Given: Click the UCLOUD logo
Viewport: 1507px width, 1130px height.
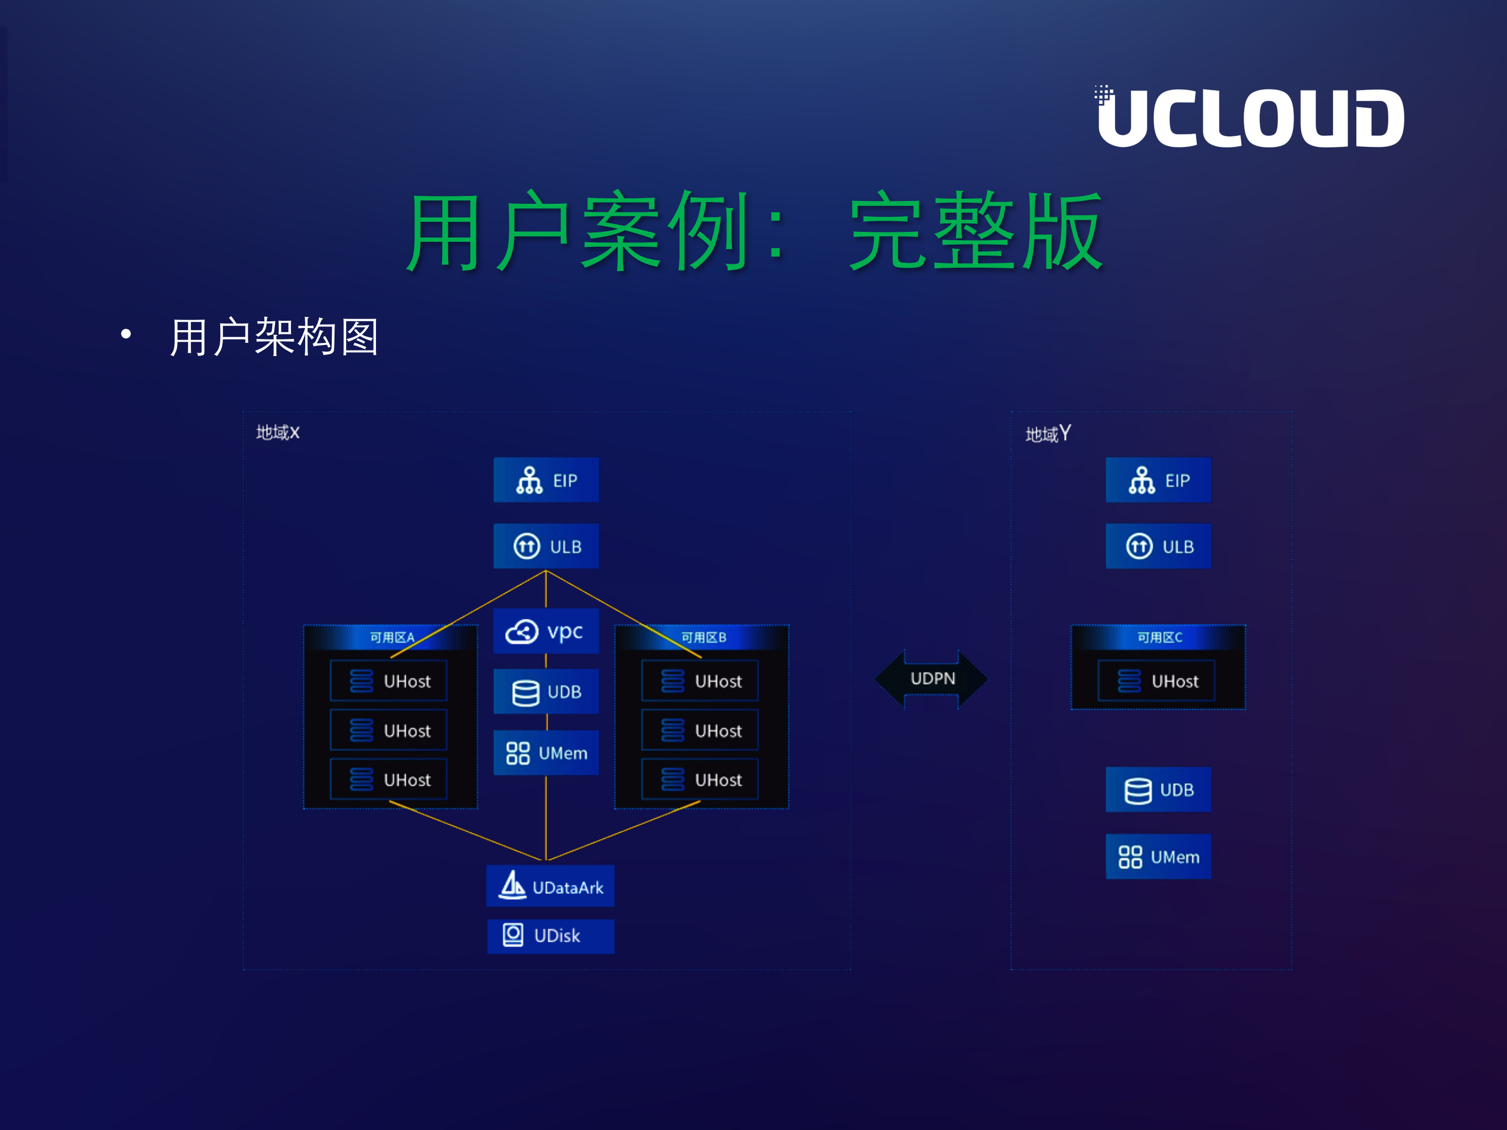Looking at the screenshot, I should (x=1250, y=117).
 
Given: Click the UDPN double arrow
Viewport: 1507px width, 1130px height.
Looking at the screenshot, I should (x=931, y=678).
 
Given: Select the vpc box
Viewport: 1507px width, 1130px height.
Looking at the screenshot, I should (x=546, y=632).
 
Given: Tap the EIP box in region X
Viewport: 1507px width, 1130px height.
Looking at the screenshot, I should (x=546, y=480).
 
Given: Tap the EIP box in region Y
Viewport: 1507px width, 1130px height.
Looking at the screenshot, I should (x=1158, y=480).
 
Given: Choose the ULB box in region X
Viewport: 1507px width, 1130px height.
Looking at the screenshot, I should (x=546, y=547).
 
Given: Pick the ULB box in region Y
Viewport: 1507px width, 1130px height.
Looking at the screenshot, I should (x=1158, y=547).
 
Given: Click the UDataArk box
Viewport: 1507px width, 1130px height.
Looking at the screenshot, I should (x=550, y=886).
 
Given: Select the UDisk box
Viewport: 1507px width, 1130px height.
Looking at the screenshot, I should (x=550, y=936).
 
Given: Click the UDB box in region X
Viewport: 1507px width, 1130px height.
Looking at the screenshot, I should (x=546, y=691).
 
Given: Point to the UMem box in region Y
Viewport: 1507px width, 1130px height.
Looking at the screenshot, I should (x=1158, y=856).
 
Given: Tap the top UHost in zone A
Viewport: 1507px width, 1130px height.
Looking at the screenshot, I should (x=388, y=681).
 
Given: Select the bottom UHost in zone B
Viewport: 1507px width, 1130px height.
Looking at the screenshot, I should (x=700, y=779).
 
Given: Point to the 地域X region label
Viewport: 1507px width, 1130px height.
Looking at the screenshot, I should (x=277, y=433).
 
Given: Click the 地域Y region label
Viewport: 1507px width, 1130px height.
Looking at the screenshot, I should (x=1048, y=434).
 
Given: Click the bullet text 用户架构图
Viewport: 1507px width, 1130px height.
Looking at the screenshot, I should (x=274, y=337).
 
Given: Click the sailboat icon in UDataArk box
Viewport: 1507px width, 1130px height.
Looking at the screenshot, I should (x=512, y=885).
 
